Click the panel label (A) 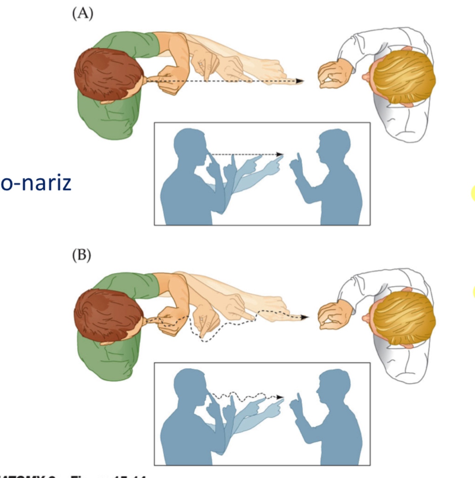tap(83, 14)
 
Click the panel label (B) tap(82, 255)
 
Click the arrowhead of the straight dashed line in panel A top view tap(300, 81)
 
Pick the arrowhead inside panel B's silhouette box tap(280, 397)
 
